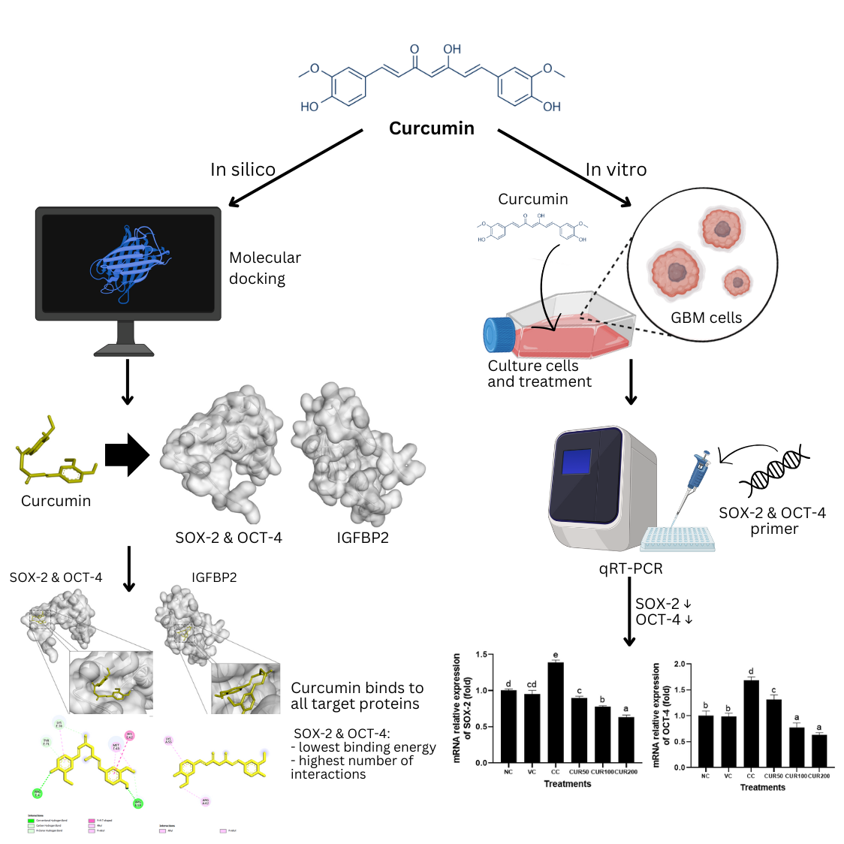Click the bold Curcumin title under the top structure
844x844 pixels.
coord(431,128)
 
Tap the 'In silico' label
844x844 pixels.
coord(243,170)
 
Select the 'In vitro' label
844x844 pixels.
coord(616,170)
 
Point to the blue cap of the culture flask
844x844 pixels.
coord(498,335)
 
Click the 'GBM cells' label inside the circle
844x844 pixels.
coord(706,318)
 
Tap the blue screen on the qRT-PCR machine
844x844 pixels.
coord(576,462)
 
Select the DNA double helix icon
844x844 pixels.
coord(773,470)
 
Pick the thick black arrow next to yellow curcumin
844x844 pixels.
coord(127,455)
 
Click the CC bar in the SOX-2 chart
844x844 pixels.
coord(556,712)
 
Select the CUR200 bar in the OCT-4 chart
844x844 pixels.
coord(819,750)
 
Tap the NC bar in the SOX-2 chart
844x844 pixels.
coord(508,725)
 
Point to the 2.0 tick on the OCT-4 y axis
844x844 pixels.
coord(680,665)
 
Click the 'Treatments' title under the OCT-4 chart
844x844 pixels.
coord(762,788)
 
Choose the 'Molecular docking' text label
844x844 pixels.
coord(264,268)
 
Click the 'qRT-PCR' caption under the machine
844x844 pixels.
coord(631,568)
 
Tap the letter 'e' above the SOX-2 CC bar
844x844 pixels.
coord(556,656)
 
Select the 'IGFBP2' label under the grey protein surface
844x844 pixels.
coord(363,538)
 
